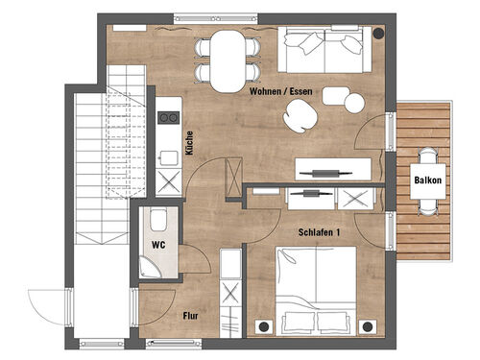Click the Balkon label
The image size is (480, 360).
(428, 180)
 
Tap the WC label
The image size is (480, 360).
(158, 245)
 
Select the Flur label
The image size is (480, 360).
(190, 316)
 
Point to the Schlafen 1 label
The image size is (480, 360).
(319, 232)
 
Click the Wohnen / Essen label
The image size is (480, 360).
(281, 91)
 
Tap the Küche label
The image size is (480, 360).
(189, 143)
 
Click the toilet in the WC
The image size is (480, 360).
(158, 220)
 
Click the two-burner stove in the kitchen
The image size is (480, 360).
(169, 118)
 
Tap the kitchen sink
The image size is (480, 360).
(169, 158)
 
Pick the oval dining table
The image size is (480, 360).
(228, 61)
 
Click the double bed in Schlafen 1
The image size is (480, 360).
(316, 291)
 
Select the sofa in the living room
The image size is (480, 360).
(324, 49)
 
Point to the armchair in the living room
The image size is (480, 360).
(300, 116)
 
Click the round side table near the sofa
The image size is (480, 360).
(354, 103)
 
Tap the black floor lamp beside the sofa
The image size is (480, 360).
(379, 33)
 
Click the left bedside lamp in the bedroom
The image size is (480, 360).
(264, 326)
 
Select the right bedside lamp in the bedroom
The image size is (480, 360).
(368, 326)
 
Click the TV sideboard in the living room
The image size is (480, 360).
(333, 169)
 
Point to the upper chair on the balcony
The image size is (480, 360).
(428, 156)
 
